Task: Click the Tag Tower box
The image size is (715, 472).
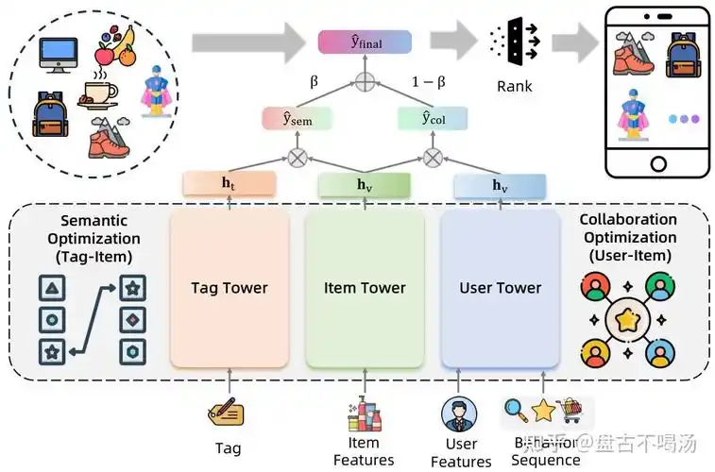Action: click(230, 288)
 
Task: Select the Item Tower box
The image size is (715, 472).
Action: click(365, 288)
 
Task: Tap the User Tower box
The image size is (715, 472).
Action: click(500, 288)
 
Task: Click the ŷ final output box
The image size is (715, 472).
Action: click(365, 42)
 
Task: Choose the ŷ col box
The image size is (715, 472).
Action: click(433, 119)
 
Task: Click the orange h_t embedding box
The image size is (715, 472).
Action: click(230, 184)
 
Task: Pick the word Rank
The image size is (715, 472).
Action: click(514, 87)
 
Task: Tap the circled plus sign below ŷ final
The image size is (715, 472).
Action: click(365, 81)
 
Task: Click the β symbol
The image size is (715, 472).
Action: click(315, 82)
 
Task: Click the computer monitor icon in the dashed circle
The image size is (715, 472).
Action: click(58, 54)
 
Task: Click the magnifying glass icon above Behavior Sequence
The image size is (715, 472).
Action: click(515, 410)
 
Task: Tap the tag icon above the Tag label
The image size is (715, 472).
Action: click(227, 413)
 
